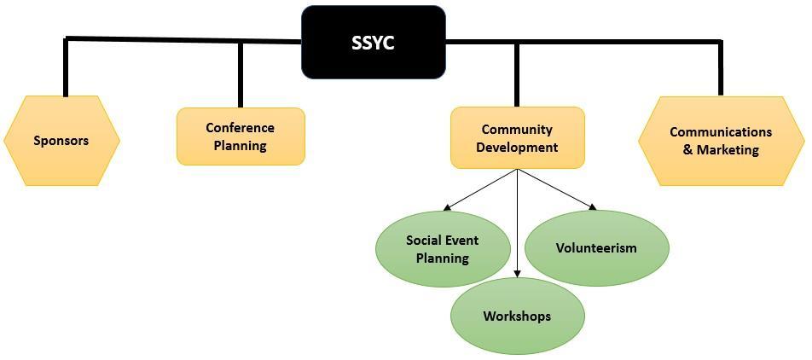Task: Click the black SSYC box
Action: pyautogui.click(x=373, y=43)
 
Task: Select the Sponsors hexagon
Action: pyautogui.click(x=61, y=141)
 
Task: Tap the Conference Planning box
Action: pyautogui.click(x=241, y=136)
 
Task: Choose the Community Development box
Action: pyautogui.click(x=517, y=138)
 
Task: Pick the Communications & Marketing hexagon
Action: pyautogui.click(x=721, y=141)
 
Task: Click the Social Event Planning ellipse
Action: pyautogui.click(x=442, y=248)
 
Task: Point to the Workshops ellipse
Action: pyautogui.click(x=517, y=316)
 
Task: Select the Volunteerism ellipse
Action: pyautogui.click(x=596, y=248)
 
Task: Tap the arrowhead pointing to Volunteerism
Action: pyautogui.click(x=591, y=206)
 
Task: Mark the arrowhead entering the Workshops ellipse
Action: pyautogui.click(x=518, y=275)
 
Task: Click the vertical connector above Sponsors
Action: pyautogui.click(x=66, y=68)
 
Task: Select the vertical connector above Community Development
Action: pyautogui.click(x=517, y=75)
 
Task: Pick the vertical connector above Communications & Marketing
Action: pyautogui.click(x=721, y=68)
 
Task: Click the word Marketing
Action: pyautogui.click(x=728, y=150)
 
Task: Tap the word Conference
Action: pyautogui.click(x=241, y=128)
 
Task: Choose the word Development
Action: pyautogui.click(x=517, y=147)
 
